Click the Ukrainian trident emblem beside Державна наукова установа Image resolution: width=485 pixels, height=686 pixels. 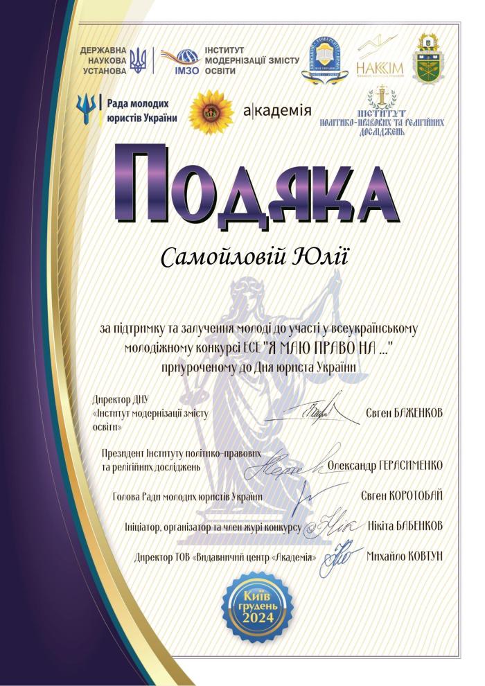pos(139,61)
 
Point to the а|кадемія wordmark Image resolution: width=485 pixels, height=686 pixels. pos(278,110)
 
